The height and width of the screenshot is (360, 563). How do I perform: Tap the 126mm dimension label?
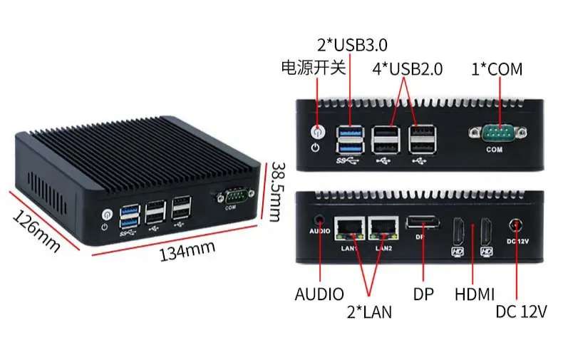tap(36, 232)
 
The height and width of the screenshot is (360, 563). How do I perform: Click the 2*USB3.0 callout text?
tap(352, 45)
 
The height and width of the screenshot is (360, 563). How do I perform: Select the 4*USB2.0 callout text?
tap(408, 69)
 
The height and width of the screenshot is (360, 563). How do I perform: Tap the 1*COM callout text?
tap(497, 69)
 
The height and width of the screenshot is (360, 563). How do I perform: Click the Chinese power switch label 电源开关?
tap(313, 68)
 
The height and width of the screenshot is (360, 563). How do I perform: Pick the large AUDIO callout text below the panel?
tap(319, 294)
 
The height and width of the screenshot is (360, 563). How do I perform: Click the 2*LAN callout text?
tap(369, 312)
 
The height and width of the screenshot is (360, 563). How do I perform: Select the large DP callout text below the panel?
tap(423, 294)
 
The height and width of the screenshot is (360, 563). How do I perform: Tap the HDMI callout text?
tap(475, 294)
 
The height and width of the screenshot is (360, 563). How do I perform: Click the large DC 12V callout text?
tap(521, 312)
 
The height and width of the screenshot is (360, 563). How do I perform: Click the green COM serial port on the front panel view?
tap(497, 133)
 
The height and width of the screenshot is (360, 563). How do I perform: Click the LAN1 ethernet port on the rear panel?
tap(349, 229)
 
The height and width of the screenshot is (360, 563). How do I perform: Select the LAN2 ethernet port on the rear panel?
tap(383, 229)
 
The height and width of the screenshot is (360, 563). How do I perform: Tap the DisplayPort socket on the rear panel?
tap(423, 222)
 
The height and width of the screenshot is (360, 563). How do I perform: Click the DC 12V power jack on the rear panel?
tap(515, 226)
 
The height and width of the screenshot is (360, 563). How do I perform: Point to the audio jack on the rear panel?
tap(319, 220)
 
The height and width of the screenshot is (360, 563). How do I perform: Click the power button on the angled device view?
tap(107, 215)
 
